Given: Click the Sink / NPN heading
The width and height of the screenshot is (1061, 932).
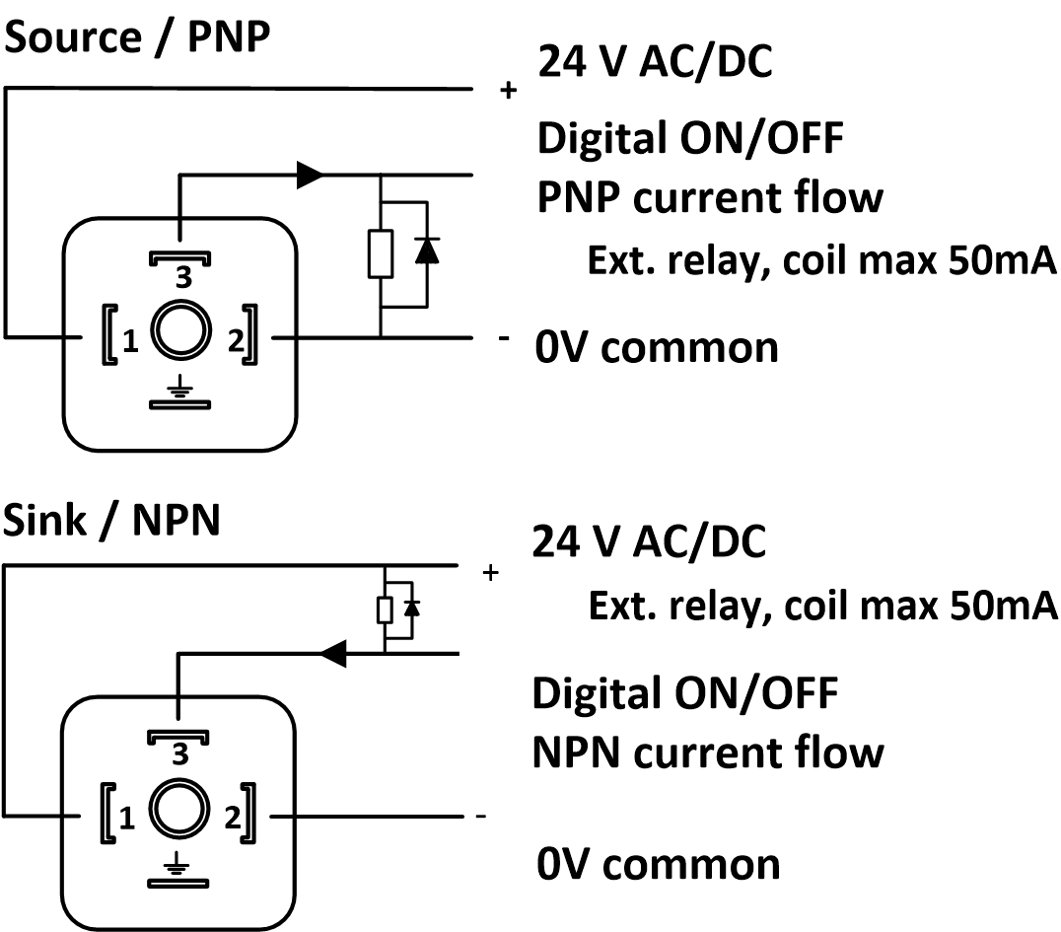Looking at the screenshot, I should tap(111, 521).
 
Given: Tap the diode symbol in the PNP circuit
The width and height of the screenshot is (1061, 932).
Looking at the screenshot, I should tap(426, 252).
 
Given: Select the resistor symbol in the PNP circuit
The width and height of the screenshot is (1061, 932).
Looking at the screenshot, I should tap(381, 253).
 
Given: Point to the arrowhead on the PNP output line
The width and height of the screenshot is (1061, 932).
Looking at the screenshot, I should tap(310, 176).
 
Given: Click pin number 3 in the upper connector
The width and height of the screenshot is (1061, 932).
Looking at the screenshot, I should tap(182, 278).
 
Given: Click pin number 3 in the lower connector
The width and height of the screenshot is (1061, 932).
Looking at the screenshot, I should tap(180, 756).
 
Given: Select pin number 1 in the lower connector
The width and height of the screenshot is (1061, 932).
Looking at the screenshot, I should tap(127, 818).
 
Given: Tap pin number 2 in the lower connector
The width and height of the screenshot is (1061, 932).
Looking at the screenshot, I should tap(234, 818).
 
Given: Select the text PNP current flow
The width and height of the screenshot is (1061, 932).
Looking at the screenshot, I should tap(709, 198).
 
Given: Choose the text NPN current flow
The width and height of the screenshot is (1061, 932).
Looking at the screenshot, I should tap(707, 753).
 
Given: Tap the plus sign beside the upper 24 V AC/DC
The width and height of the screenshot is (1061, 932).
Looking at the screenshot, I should tap(509, 91).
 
